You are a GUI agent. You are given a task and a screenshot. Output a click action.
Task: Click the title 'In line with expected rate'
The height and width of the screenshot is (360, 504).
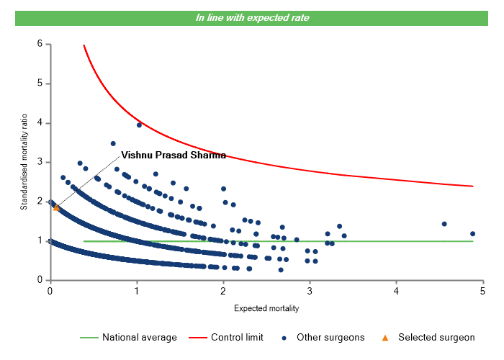(252, 17)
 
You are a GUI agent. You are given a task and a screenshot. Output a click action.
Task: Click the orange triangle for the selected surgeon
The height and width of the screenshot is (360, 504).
(56, 207)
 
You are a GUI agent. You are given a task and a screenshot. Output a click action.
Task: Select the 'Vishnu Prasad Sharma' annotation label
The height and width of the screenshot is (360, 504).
(173, 155)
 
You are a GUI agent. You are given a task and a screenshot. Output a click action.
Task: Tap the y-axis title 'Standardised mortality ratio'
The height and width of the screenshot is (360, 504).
(24, 161)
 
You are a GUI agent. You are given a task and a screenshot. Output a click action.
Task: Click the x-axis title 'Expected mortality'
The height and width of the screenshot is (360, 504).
(266, 309)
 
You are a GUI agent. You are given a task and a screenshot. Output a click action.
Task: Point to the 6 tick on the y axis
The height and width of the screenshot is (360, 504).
(40, 44)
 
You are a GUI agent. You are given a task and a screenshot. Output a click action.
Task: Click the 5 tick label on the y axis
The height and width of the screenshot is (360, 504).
(40, 84)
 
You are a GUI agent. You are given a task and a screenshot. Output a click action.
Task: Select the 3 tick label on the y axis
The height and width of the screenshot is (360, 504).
(40, 162)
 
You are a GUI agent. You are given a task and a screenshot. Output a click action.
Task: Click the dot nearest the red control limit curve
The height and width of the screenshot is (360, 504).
(139, 125)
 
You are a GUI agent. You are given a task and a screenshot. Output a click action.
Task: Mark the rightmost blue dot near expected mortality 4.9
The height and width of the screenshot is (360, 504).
(472, 233)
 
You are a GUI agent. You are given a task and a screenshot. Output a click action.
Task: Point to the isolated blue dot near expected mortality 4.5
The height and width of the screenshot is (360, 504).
(444, 224)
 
